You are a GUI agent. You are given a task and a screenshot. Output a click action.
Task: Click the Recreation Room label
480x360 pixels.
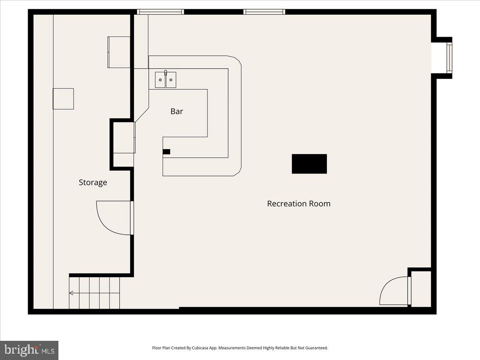click(x=298, y=204)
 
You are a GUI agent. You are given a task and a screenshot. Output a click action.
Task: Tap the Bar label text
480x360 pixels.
click(x=177, y=112)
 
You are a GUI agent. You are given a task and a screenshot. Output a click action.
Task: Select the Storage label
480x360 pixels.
click(x=93, y=182)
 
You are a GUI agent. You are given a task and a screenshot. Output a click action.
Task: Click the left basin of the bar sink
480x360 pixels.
click(x=160, y=80)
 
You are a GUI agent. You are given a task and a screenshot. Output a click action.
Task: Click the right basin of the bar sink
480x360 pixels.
click(x=171, y=80)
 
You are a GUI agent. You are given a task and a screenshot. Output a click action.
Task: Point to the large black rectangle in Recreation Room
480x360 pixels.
click(x=309, y=164)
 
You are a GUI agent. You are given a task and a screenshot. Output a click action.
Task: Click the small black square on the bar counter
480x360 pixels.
click(x=166, y=152)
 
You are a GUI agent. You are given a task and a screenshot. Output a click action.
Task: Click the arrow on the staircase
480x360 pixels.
click(x=71, y=293)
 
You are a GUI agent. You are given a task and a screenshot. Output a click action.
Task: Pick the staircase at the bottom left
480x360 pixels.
click(x=94, y=293)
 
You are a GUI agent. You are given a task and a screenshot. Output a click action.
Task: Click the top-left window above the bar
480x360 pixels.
click(x=160, y=12)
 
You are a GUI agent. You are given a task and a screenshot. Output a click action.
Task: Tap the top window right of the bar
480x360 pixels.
click(x=264, y=12)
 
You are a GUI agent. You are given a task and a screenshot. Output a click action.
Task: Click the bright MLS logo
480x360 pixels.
click(x=29, y=350)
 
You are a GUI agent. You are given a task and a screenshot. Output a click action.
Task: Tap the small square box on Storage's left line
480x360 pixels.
click(x=64, y=99)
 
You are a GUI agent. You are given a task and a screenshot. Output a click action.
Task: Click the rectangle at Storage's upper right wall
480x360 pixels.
click(x=119, y=52)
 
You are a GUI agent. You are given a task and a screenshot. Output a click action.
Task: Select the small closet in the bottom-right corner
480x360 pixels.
click(x=421, y=289)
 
